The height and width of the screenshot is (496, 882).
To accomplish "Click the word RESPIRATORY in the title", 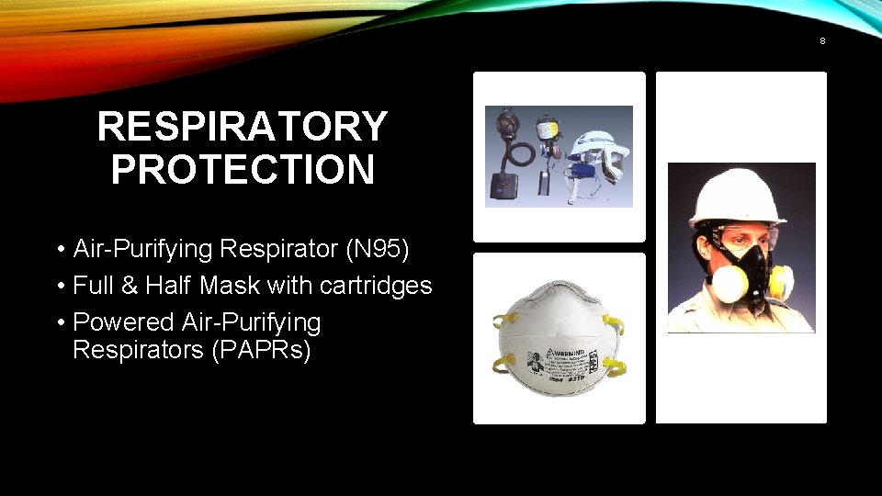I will [x=243, y=127].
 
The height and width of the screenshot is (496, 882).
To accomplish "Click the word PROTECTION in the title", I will [x=243, y=170].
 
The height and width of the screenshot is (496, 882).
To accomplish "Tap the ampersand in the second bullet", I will [x=128, y=286].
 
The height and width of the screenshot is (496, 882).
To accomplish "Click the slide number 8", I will [x=822, y=41].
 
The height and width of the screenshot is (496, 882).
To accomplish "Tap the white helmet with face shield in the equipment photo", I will [x=597, y=152].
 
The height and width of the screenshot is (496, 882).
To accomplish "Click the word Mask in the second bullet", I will [x=231, y=286].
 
